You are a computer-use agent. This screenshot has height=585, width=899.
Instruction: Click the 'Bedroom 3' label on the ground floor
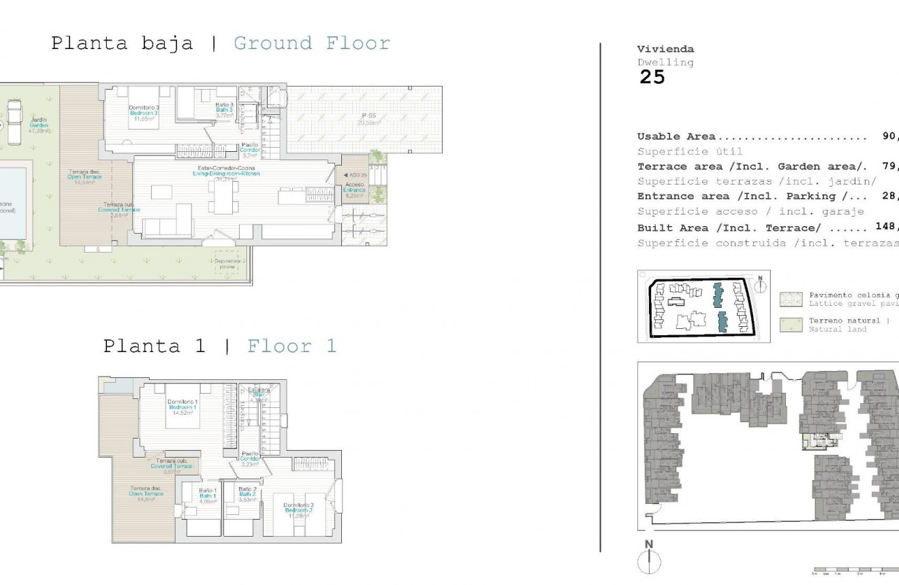(144, 113)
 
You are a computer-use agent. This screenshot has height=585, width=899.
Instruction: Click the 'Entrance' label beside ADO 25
(355, 190)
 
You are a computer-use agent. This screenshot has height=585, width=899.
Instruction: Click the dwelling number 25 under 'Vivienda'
(652, 78)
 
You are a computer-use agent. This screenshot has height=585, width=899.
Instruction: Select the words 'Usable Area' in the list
(676, 137)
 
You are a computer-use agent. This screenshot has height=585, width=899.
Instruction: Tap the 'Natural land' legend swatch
(791, 324)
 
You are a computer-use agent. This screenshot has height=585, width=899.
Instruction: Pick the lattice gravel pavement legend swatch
(791, 299)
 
